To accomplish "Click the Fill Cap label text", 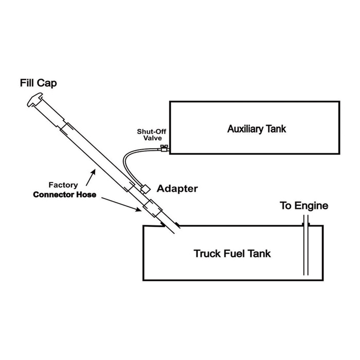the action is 39,83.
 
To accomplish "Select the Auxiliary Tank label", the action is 257,129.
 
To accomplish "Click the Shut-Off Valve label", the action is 152,135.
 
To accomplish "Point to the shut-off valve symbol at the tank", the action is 164,148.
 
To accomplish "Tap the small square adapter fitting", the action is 146,189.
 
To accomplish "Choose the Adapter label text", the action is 177,189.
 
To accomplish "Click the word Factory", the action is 63,185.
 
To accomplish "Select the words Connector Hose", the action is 64,195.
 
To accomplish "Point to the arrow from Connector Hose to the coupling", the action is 121,204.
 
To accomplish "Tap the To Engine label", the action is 304,206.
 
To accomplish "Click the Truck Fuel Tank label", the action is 232,254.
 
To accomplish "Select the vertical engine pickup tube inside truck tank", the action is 305,245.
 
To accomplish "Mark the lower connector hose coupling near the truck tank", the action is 152,208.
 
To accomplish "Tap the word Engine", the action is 311,206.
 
